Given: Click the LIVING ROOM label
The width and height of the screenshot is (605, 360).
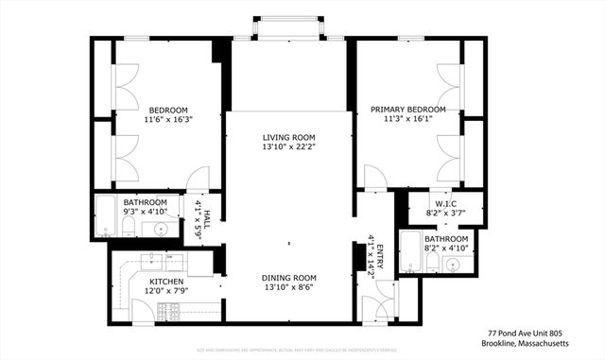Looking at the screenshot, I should tap(289, 137).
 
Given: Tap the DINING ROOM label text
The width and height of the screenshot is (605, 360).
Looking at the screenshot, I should tap(289, 278).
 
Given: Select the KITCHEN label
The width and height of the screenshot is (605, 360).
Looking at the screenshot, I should tap(165, 282).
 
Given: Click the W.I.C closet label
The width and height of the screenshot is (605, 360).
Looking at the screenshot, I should tap(445, 204).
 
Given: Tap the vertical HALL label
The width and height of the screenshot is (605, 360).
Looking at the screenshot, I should tap(206, 214).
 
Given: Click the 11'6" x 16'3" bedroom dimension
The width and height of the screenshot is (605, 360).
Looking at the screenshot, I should tap(167, 120).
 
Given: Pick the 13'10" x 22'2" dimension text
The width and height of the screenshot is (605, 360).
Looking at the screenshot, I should tap(289, 147).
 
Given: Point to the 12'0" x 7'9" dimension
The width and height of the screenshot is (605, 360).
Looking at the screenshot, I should tap(165, 292).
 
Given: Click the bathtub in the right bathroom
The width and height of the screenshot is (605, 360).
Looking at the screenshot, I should tap(409, 250).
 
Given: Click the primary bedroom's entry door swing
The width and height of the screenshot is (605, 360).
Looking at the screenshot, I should tap(375, 177).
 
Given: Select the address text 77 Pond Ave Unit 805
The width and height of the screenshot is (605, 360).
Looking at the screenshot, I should tap(526, 333).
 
